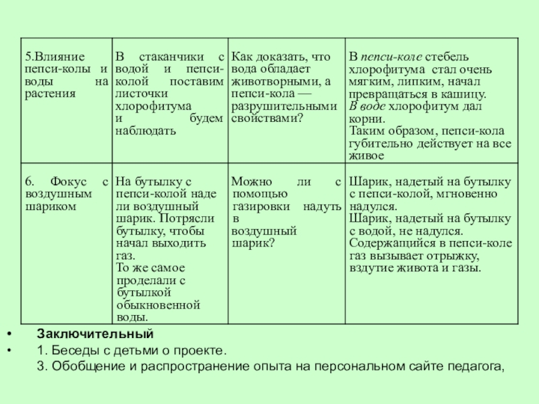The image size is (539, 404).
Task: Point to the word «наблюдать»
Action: coord(146,130)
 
